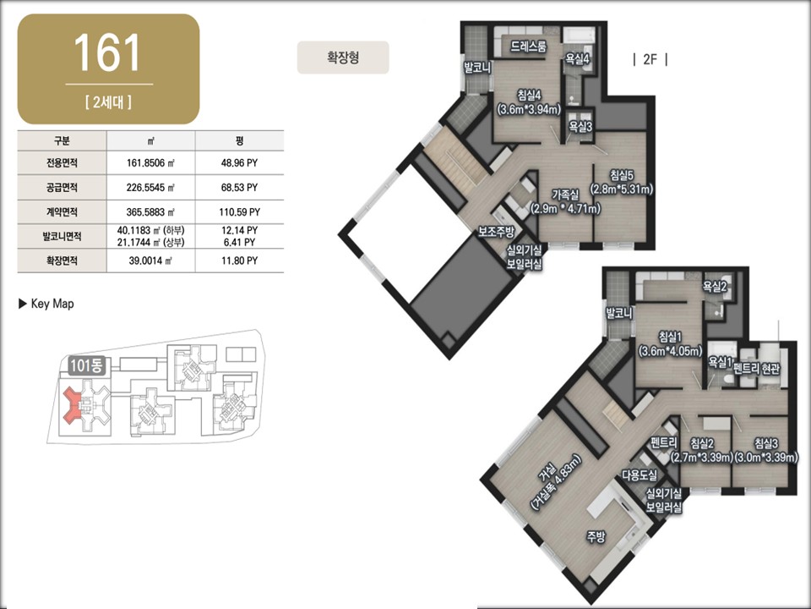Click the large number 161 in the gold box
[107, 52]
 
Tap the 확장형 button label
[342, 57]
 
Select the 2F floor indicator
[650, 59]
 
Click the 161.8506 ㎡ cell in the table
[150, 163]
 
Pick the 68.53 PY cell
[239, 188]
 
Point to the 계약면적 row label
[62, 211]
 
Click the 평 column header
[239, 141]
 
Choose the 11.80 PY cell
[239, 261]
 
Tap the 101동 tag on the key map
[86, 365]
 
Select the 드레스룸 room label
[528, 47]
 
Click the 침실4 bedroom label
[529, 96]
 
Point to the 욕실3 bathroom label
[580, 126]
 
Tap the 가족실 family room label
[565, 195]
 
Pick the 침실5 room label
[621, 176]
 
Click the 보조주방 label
[496, 231]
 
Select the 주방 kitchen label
[596, 536]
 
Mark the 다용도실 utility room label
[640, 475]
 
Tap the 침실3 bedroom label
[765, 443]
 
